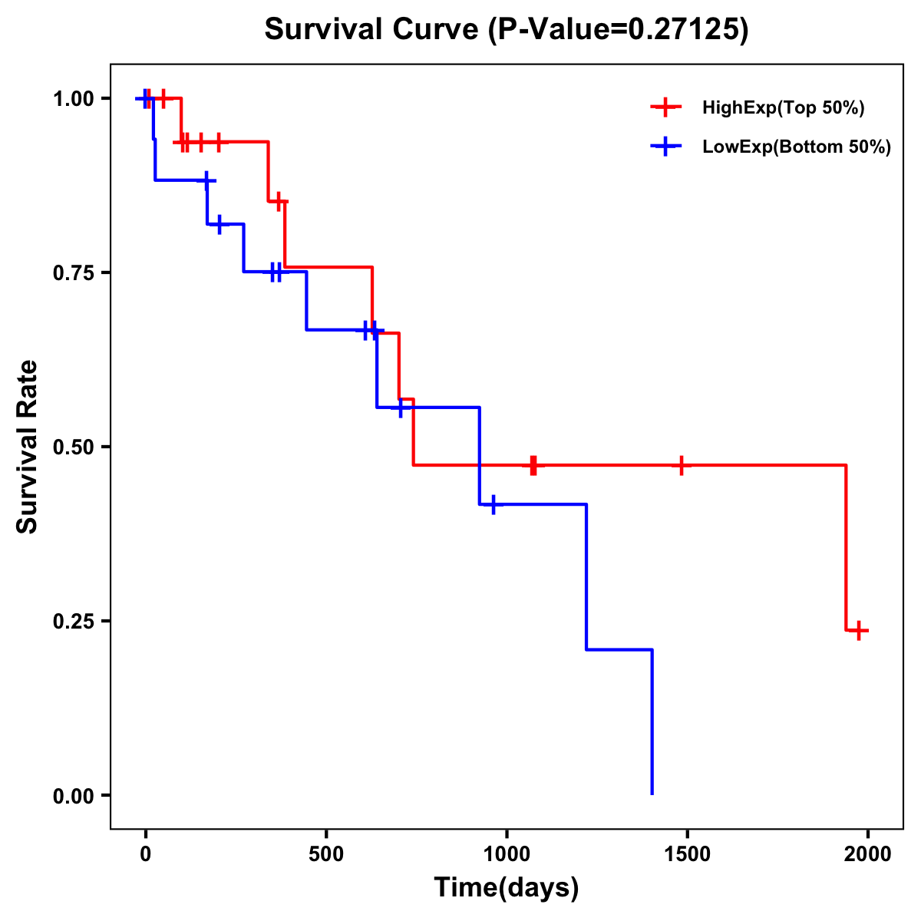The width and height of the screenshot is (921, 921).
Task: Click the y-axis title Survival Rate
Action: click(28, 447)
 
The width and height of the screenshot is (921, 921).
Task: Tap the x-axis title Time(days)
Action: click(506, 887)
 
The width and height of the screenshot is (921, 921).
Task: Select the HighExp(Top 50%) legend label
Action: click(783, 108)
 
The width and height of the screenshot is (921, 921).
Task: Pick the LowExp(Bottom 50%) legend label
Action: click(797, 147)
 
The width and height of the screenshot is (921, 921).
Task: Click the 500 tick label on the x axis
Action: click(326, 853)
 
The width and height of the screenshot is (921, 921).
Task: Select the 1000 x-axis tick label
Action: click(507, 853)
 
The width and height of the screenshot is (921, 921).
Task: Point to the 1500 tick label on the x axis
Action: click(687, 853)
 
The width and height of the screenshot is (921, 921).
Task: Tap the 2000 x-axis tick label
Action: click(867, 853)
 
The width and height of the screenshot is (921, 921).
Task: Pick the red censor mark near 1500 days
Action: click(681, 465)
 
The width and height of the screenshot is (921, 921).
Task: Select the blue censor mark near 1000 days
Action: click(493, 504)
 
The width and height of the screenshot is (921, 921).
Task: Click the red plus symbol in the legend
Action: click(665, 108)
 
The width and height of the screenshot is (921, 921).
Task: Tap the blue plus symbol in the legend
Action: click(665, 147)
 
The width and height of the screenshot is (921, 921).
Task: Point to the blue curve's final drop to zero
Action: click(652, 721)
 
